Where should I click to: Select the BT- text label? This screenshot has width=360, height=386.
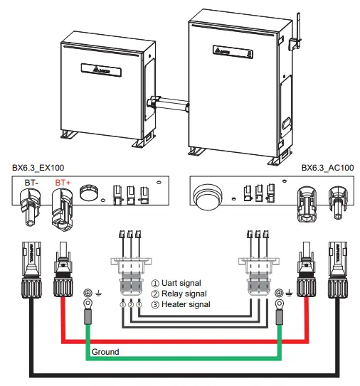pos(31,183)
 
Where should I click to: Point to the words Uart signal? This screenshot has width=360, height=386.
pos(179,283)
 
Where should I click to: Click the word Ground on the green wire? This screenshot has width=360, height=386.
pos(105,352)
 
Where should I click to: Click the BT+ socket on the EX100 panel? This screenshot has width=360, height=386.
pos(62,208)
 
